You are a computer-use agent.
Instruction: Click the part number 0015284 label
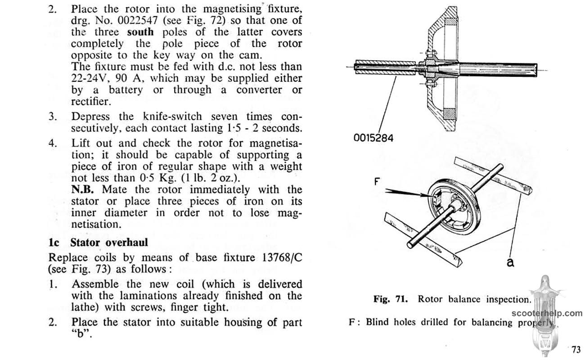tap(373, 138)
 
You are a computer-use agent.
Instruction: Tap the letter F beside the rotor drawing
tap(377, 181)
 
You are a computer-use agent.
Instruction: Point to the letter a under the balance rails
tap(510, 262)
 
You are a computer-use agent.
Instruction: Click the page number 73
tap(576, 349)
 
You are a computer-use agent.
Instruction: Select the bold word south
tap(140, 32)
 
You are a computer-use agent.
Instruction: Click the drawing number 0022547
tap(138, 20)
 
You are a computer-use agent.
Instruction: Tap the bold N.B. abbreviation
tap(82, 189)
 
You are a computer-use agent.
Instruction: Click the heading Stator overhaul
tap(109, 243)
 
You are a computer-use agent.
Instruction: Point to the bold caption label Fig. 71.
tap(391, 299)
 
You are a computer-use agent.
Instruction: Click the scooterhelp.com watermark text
tap(547, 313)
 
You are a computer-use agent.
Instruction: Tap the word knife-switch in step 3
tap(172, 117)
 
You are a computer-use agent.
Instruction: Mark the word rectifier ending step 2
tap(91, 101)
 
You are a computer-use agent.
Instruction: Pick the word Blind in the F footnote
tap(377, 322)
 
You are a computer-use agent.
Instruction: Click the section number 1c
tap(54, 243)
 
